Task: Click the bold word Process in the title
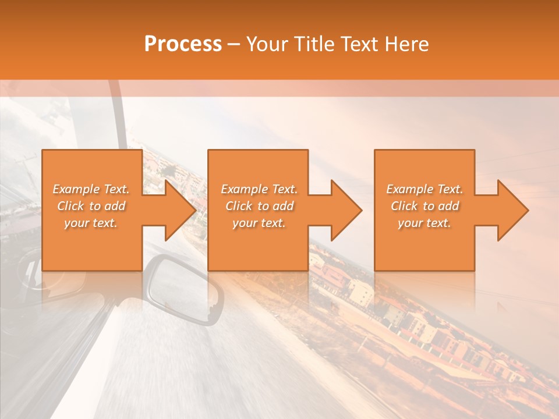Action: coord(183,44)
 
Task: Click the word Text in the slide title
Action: coord(359,44)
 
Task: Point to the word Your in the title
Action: coord(267,44)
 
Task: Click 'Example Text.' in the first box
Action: coord(91,189)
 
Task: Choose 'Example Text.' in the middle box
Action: coord(259,189)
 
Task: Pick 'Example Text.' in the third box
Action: coord(424,189)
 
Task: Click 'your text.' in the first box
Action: coord(91,223)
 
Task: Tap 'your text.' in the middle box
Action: coord(259,223)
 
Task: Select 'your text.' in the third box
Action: coord(424,223)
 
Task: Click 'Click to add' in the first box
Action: coord(91,206)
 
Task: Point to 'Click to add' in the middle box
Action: coord(259,206)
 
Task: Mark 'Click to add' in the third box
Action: coord(424,206)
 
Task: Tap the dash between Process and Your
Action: coord(234,44)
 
